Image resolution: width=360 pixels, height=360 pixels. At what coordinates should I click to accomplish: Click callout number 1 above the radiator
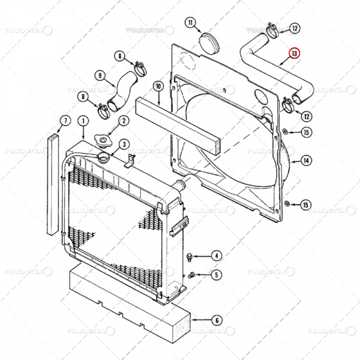click(x=82, y=121)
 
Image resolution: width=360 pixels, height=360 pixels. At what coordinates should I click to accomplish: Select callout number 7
click(x=61, y=121)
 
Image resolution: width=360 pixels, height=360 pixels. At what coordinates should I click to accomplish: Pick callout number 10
click(x=158, y=86)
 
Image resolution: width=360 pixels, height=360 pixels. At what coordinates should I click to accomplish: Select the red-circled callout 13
click(x=293, y=53)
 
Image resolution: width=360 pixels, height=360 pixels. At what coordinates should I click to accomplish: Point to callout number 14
click(x=305, y=160)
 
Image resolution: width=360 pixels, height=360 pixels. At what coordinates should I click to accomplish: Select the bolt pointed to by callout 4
click(x=190, y=257)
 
